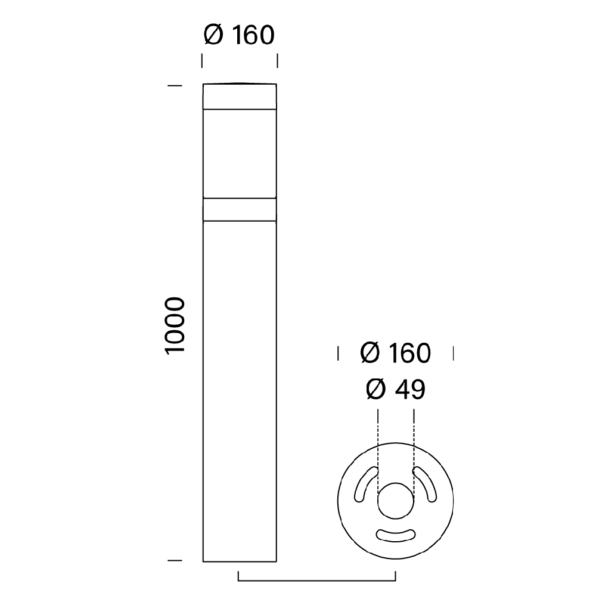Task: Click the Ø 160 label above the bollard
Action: pyautogui.click(x=239, y=35)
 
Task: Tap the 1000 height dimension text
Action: pyautogui.click(x=175, y=326)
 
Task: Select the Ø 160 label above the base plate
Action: pyautogui.click(x=395, y=353)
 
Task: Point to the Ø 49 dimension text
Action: pyautogui.click(x=396, y=389)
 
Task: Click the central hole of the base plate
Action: pyautogui.click(x=396, y=501)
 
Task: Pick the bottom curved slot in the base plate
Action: pyautogui.click(x=396, y=535)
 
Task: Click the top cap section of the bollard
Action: pyautogui.click(x=240, y=97)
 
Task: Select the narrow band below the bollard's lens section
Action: pyautogui.click(x=240, y=209)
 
